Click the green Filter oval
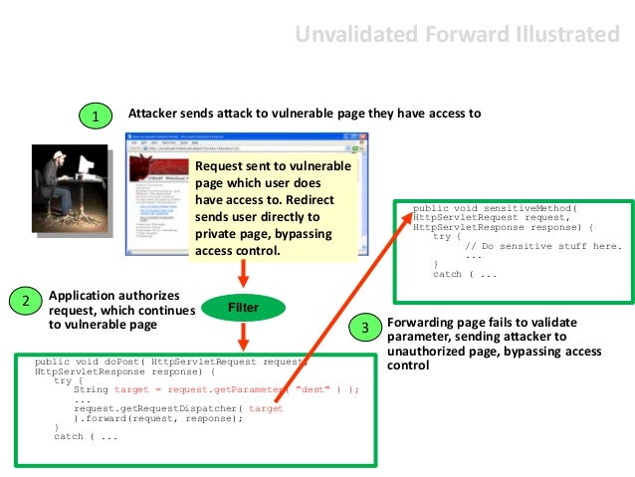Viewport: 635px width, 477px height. tap(243, 308)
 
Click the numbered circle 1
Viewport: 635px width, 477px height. tap(96, 118)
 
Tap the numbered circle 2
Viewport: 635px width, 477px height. tap(26, 300)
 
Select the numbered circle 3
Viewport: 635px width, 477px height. tap(365, 328)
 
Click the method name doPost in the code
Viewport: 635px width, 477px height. tap(115, 361)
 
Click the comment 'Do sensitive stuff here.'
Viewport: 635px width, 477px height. tap(543, 246)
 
